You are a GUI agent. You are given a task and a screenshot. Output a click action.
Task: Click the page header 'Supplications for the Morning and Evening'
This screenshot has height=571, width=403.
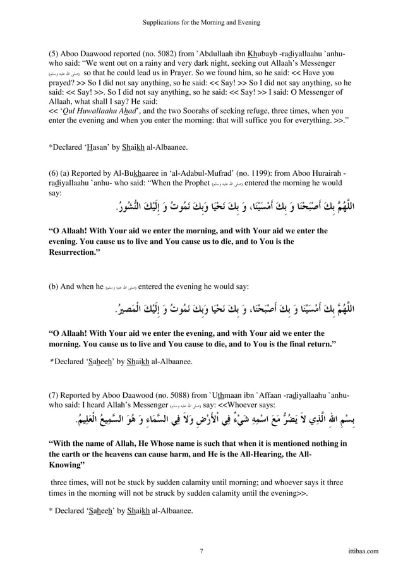[x=201, y=22]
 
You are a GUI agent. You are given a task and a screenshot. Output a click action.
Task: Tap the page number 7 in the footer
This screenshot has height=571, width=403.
[x=201, y=551]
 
